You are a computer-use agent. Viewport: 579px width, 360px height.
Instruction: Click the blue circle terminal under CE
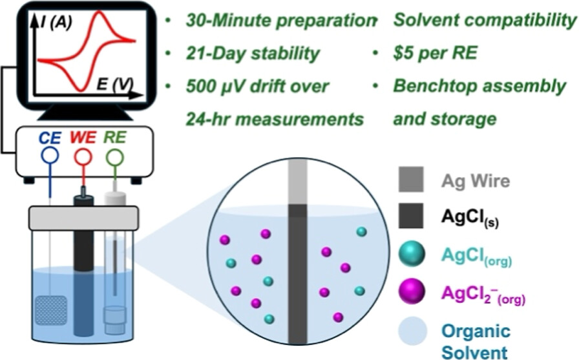pos(49,158)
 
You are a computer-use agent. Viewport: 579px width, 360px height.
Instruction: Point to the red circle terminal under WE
pos(82,158)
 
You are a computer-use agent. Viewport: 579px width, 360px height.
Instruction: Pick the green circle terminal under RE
pos(114,158)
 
